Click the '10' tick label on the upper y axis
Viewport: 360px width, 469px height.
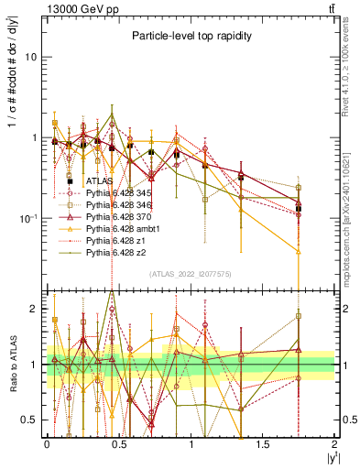[x=31, y=57]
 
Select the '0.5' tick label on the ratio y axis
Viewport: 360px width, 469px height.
[x=30, y=420]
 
